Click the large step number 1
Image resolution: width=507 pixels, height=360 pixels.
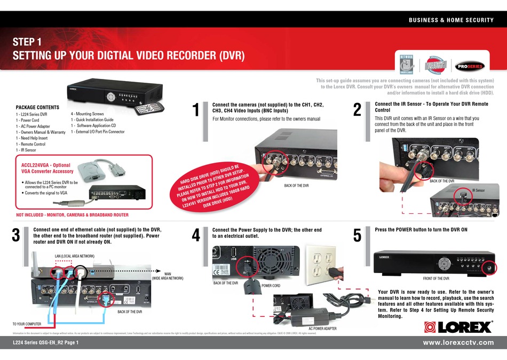point(196,110)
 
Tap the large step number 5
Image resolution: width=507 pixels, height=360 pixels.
point(358,235)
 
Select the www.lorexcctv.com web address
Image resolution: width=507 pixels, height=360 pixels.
point(458,342)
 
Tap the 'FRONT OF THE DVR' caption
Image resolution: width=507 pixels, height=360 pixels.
point(433,279)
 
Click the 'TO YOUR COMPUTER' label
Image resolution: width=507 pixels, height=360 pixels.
point(27,324)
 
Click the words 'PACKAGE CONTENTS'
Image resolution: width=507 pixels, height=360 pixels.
point(37,107)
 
